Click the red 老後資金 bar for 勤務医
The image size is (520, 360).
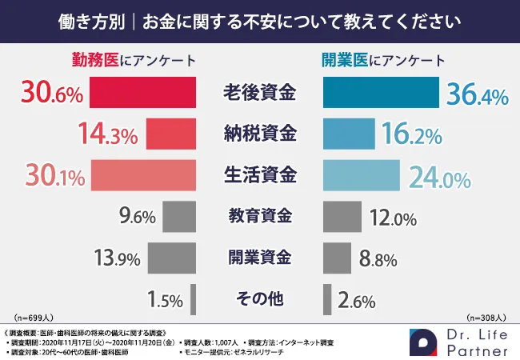point(142,93)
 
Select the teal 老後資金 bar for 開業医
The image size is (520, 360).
point(381,93)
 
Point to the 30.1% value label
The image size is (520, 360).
point(48,174)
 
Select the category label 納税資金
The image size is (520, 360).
point(259,133)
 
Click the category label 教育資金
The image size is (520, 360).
point(259,216)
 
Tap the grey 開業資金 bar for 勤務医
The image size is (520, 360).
point(172,258)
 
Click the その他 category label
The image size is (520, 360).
point(259,299)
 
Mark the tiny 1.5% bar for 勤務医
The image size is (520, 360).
point(193,299)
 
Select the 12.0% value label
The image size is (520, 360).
point(393,217)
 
